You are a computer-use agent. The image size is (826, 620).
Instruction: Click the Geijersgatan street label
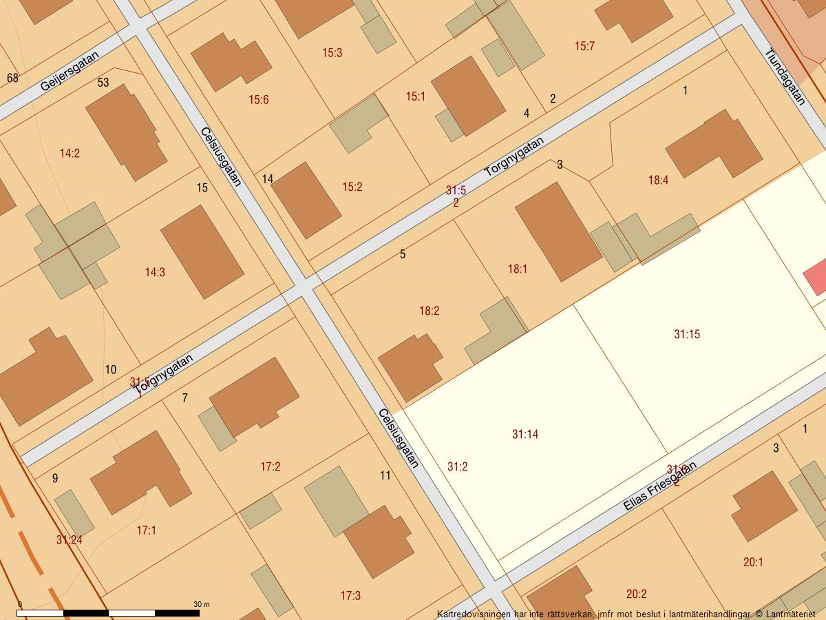point(70,71)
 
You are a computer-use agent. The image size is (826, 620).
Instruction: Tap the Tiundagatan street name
point(785,76)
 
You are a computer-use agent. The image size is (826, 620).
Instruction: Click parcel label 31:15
point(686,335)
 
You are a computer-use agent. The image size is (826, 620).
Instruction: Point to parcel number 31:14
point(525,434)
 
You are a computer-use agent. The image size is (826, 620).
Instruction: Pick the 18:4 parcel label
point(658,180)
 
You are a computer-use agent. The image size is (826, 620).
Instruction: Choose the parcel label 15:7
point(584,46)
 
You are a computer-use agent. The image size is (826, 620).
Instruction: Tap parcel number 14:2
point(70,154)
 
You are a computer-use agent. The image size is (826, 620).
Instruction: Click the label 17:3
point(350,595)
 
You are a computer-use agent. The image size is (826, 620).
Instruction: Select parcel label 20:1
point(753,562)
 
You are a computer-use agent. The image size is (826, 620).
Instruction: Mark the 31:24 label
point(69,540)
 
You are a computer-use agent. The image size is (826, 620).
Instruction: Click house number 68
point(12,78)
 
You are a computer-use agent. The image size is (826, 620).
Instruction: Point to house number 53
point(103,83)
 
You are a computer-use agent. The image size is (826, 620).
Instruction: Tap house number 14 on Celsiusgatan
point(268,179)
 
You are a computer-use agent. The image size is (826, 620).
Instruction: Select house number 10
point(111,370)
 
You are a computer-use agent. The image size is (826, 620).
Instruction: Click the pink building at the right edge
point(816,277)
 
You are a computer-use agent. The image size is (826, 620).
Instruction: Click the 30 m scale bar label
point(202,604)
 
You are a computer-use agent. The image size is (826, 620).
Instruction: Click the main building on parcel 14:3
point(202,251)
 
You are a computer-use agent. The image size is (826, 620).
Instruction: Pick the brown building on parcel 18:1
point(558,231)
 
